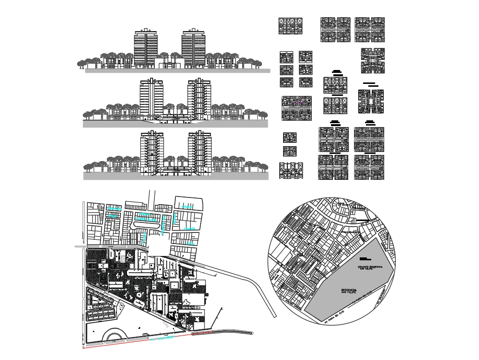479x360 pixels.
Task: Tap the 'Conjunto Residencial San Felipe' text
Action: [368, 267]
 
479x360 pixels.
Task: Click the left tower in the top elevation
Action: [146, 48]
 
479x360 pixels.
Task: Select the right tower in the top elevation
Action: [194, 48]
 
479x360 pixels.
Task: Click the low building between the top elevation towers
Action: [170, 63]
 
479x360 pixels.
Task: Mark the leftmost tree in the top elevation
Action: [81, 63]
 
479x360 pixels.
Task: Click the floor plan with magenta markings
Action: [296, 107]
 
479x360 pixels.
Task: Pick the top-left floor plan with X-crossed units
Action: [290, 26]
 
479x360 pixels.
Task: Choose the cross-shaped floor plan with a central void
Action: [371, 101]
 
